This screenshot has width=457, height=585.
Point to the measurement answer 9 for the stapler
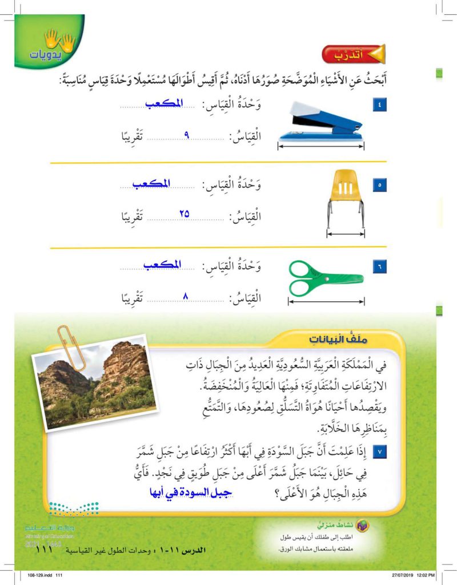point(187,136)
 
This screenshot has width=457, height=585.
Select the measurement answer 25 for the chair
point(185,213)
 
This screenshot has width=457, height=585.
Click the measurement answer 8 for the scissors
point(185,294)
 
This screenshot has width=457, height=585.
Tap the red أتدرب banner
point(353,55)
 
